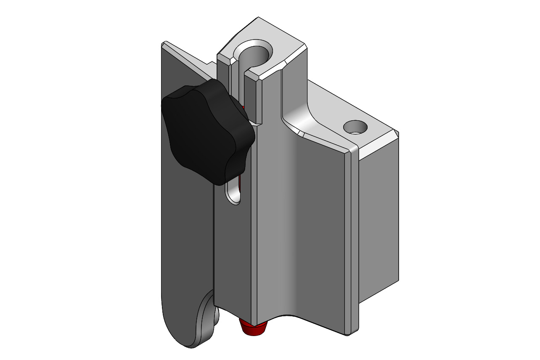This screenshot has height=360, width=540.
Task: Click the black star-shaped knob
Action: pyautogui.click(x=206, y=130)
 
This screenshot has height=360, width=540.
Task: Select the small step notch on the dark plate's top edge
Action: pyautogui.click(x=210, y=65)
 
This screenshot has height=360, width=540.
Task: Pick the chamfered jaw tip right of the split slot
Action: pyautogui.click(x=254, y=76)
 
